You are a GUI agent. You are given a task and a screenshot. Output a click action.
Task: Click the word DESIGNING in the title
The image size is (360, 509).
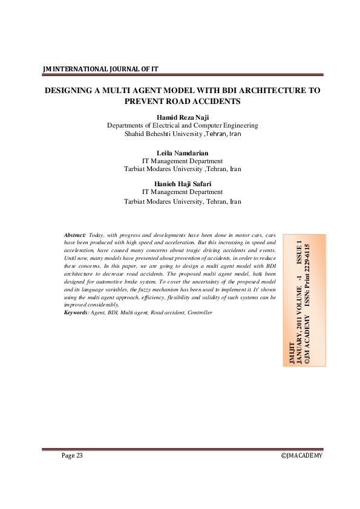pyautogui.click(x=70, y=90)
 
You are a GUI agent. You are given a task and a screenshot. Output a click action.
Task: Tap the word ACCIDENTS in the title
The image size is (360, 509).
pyautogui.click(x=214, y=101)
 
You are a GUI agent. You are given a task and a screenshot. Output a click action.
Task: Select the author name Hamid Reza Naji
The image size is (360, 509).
pyautogui.click(x=182, y=117)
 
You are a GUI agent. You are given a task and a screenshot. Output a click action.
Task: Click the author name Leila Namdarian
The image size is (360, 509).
pyautogui.click(x=182, y=153)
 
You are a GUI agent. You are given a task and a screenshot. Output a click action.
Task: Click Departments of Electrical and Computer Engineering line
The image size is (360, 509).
pyautogui.click(x=182, y=126)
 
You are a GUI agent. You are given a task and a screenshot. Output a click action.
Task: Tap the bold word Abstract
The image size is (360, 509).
pyautogui.click(x=75, y=234)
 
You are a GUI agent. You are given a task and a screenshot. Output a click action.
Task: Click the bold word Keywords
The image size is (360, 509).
pyautogui.click(x=76, y=313)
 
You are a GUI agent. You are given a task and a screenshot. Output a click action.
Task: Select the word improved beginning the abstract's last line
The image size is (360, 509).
pyautogui.click(x=76, y=305)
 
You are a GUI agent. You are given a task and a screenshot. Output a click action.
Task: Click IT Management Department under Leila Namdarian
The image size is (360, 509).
pyautogui.click(x=182, y=161)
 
